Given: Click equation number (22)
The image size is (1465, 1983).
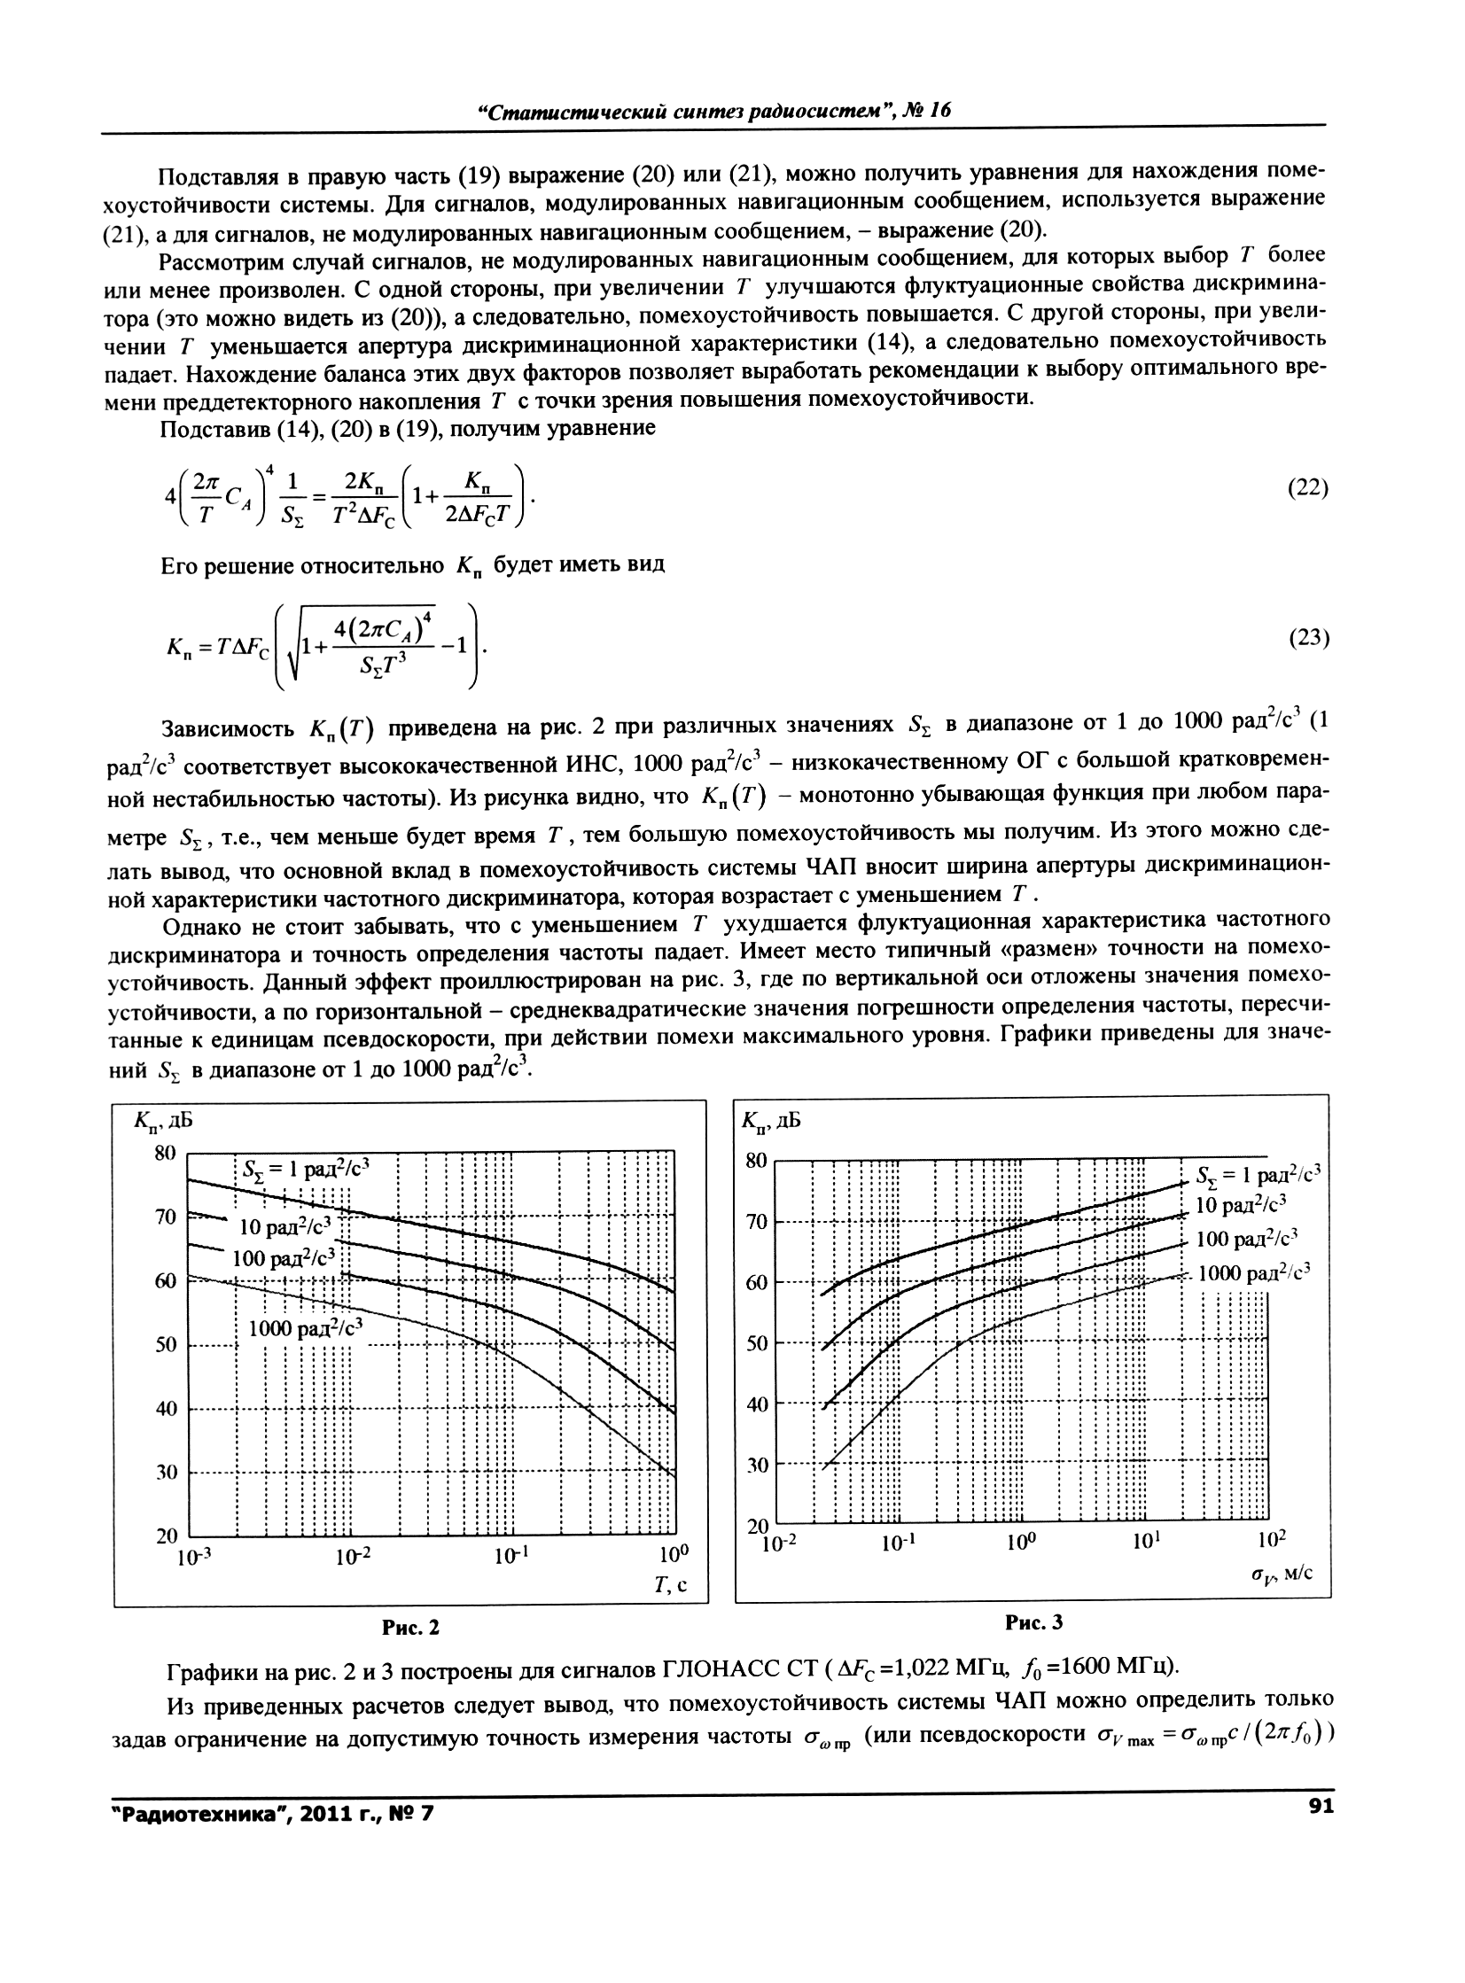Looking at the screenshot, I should pyautogui.click(x=1307, y=488).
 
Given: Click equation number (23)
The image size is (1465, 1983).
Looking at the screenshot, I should pyautogui.click(x=1307, y=638).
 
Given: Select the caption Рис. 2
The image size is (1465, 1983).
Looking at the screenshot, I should pyautogui.click(x=410, y=1628).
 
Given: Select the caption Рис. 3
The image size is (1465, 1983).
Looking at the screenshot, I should pyautogui.click(x=1033, y=1622).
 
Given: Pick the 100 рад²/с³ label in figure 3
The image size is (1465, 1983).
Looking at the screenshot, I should pyautogui.click(x=1247, y=1239).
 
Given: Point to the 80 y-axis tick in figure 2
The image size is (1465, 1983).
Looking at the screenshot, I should pyautogui.click(x=166, y=1154).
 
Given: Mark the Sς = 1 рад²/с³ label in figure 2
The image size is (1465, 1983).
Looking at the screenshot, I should pyautogui.click(x=305, y=1170).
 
